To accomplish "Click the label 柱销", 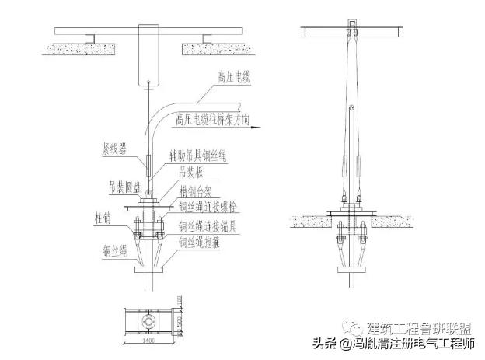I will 103,217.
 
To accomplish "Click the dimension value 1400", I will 148,338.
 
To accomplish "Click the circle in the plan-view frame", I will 148,320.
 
